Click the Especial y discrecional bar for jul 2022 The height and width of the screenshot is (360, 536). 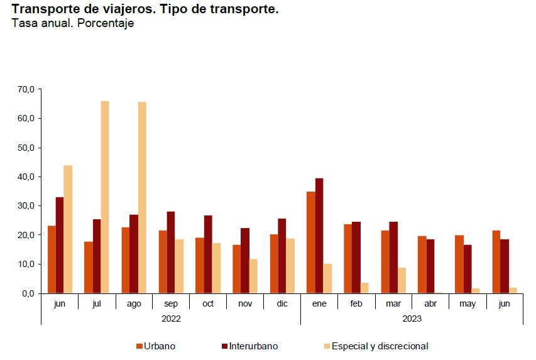pos(105,197)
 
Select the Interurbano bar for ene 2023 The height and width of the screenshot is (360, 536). pos(319,236)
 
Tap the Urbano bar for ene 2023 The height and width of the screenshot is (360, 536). pos(310,243)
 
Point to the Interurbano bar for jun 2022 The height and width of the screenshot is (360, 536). pos(60,245)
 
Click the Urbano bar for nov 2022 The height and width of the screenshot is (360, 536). pos(236,269)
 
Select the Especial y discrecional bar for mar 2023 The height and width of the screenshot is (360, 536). pos(402,281)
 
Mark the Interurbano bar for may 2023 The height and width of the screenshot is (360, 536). pos(468,269)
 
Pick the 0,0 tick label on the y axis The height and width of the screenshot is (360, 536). pos(29,293)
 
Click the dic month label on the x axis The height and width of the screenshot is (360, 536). pos(282,303)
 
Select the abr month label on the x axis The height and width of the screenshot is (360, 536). pos(430,303)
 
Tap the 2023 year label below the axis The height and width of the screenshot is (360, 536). pos(412,319)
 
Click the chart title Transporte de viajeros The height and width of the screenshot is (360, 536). pos(145,9)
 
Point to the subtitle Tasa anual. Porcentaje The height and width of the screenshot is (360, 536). pos(73,23)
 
